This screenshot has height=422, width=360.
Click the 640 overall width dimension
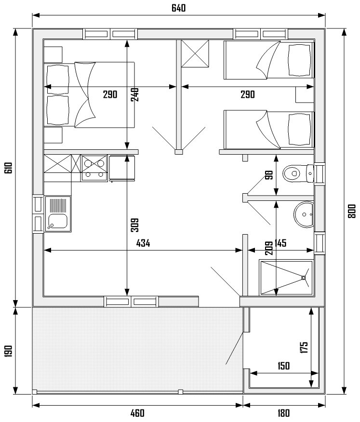178,8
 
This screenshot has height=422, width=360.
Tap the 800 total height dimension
352,211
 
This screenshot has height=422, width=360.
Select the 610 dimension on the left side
8,168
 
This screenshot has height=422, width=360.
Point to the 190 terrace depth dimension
8,351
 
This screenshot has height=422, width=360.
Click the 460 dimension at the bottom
138,413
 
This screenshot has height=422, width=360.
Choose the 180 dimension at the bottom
283,413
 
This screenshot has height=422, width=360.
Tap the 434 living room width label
143,243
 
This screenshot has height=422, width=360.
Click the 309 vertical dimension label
134,225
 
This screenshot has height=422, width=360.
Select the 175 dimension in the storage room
304,347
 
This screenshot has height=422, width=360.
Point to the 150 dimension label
283,366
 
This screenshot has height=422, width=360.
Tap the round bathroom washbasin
304,214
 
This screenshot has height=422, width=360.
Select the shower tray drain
303,277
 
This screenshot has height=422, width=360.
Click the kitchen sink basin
57,221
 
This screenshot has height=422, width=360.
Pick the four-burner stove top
94,168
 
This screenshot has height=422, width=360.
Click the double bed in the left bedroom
89,95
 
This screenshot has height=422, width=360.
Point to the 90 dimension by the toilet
269,175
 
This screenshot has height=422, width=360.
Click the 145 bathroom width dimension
280,243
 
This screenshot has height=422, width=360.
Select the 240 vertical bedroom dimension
134,94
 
